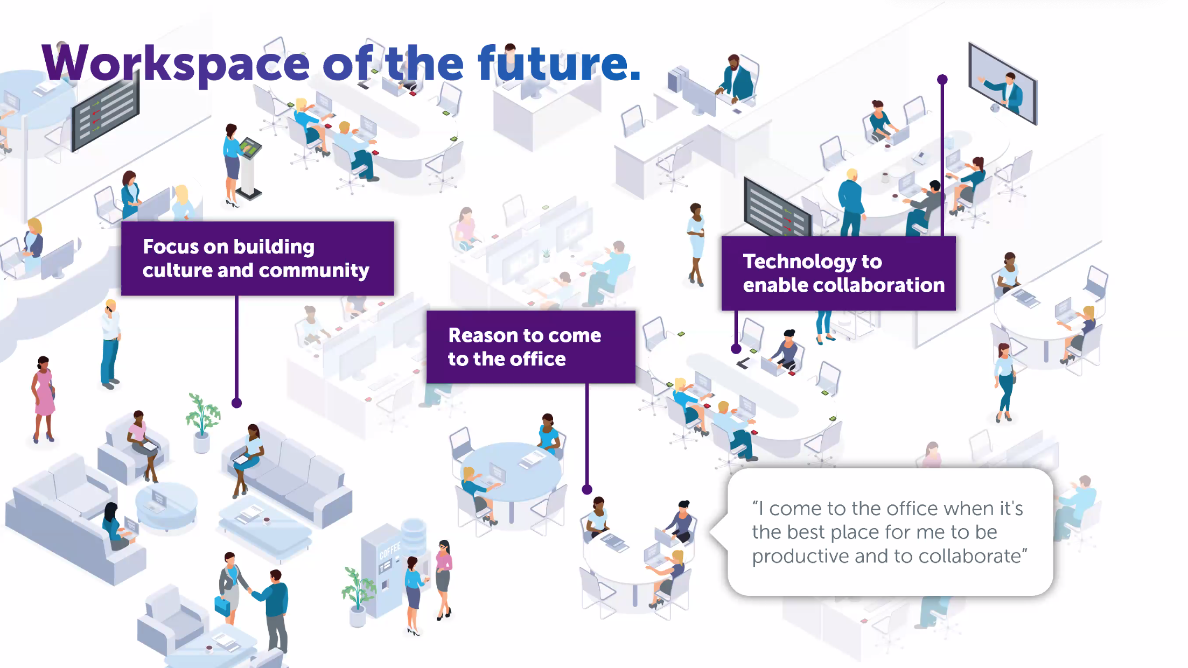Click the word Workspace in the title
pos(176,64)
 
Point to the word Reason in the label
pos(487,335)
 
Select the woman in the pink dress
pos(43,399)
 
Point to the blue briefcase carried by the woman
pos(222,606)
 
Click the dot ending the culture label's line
pos(236,403)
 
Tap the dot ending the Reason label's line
pos(587,489)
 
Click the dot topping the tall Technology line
pos(942,80)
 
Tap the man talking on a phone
pos(110,344)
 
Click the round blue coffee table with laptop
pos(166,505)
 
